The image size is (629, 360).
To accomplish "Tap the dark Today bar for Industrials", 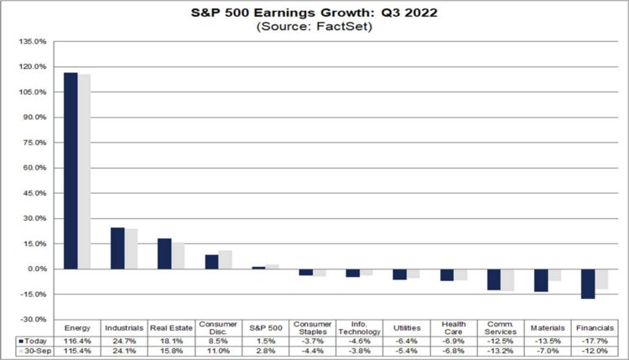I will pos(117,248).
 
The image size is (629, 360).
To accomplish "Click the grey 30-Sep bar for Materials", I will pos(554,275).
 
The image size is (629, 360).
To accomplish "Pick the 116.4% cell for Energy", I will pos(77,342).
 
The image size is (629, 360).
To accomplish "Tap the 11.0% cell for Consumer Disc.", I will pos(218,351).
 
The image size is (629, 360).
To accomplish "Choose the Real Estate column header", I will pos(171,328).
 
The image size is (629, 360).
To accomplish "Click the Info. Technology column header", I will pos(359,328).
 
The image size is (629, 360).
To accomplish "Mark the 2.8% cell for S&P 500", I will pos(265,351).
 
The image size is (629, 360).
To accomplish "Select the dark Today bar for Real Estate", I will pos(164,253).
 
